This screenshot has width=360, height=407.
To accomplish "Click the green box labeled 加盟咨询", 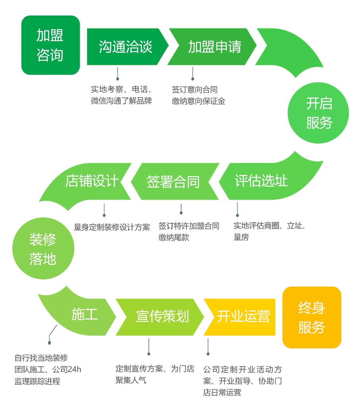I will click(50, 45).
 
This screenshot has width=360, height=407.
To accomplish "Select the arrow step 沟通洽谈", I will click(125, 47).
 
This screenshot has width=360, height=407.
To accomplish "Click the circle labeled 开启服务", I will click(318, 113).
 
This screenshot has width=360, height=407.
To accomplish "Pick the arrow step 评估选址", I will click(261, 181).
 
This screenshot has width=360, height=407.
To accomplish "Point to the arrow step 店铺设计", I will click(92, 181).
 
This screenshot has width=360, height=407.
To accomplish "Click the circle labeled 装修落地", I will click(43, 249).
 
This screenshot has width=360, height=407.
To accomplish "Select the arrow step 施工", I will click(85, 315).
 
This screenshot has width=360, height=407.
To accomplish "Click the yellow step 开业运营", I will click(243, 317).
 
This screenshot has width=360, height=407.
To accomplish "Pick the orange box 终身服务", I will click(312, 318).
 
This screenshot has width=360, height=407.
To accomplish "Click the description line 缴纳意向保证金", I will click(198, 101).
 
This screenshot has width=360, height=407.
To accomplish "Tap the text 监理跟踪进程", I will click(37, 382).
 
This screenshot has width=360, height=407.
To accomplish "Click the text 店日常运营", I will click(222, 393).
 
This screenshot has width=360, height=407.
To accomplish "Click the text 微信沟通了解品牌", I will click(121, 101).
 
